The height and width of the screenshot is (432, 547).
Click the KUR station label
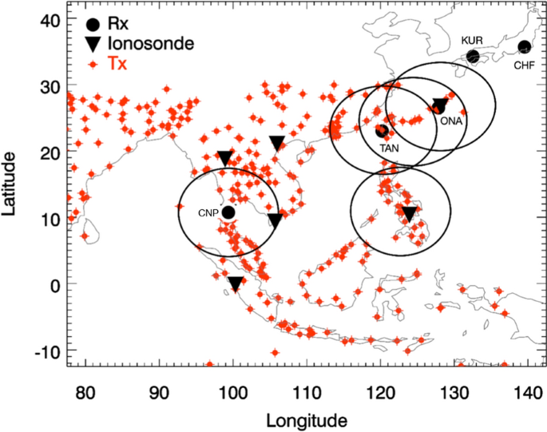[473, 40]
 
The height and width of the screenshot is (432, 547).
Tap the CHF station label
[524, 63]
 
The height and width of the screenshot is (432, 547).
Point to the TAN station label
[390, 148]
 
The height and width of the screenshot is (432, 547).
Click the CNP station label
[207, 213]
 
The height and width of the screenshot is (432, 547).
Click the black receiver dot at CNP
[228, 212]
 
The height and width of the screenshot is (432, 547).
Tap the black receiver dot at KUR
[473, 57]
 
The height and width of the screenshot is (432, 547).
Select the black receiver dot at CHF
[524, 47]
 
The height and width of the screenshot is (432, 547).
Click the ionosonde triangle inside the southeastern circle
[409, 213]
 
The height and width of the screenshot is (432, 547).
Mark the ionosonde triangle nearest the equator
[236, 283]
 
